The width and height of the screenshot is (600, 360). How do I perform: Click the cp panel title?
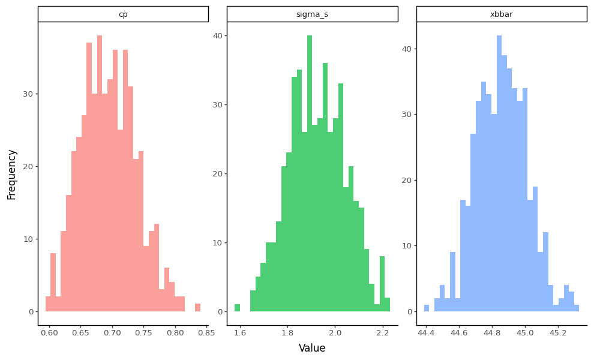click(x=123, y=14)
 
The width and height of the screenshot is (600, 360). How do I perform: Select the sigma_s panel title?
click(x=312, y=14)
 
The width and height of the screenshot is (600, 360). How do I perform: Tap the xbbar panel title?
click(x=502, y=14)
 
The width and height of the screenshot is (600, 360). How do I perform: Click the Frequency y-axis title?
click(x=12, y=174)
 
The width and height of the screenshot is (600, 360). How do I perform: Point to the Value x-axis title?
click(x=312, y=348)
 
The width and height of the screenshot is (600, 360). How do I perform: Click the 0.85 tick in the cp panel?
click(x=206, y=332)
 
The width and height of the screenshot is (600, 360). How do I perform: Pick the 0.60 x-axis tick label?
click(x=49, y=332)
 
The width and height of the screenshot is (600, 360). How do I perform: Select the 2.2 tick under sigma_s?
click(x=382, y=332)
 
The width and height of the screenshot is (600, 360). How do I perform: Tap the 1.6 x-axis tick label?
click(x=240, y=332)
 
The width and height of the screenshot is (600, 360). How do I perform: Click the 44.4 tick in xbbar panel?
click(x=426, y=332)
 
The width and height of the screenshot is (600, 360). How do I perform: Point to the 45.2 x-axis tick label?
click(x=558, y=332)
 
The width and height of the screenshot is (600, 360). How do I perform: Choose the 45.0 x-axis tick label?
click(x=525, y=332)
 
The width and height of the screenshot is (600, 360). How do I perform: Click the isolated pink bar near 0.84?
click(x=197, y=308)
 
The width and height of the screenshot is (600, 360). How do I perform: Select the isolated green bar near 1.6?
click(x=237, y=308)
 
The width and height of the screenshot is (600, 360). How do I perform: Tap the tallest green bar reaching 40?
click(x=310, y=174)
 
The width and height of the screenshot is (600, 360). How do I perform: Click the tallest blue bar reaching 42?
click(x=499, y=174)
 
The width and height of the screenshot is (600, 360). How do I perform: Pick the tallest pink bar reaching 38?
click(x=100, y=174)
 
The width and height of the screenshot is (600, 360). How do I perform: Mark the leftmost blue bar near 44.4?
click(x=427, y=308)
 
